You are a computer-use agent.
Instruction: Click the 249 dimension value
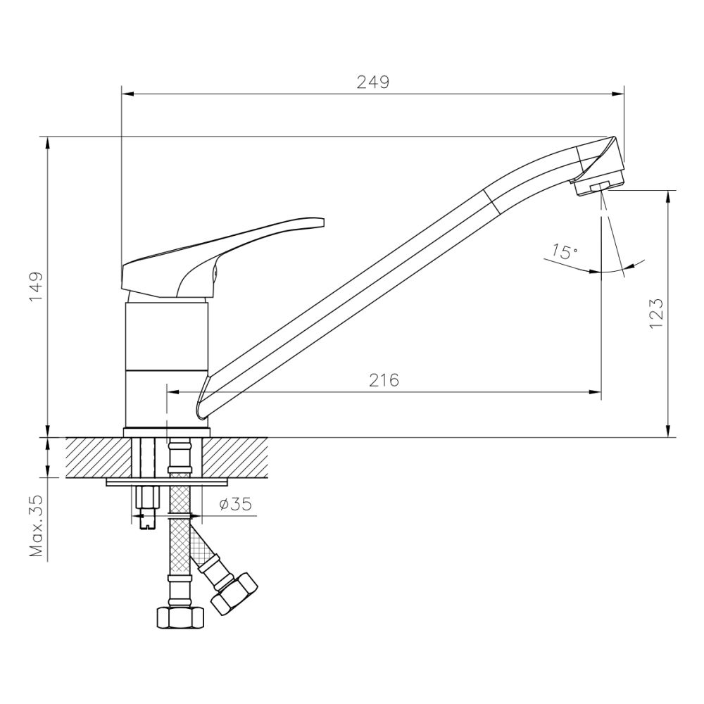point(372,82)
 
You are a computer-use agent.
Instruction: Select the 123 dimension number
point(655,313)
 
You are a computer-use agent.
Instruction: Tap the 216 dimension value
point(384,380)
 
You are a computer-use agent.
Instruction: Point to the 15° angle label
point(564,251)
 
